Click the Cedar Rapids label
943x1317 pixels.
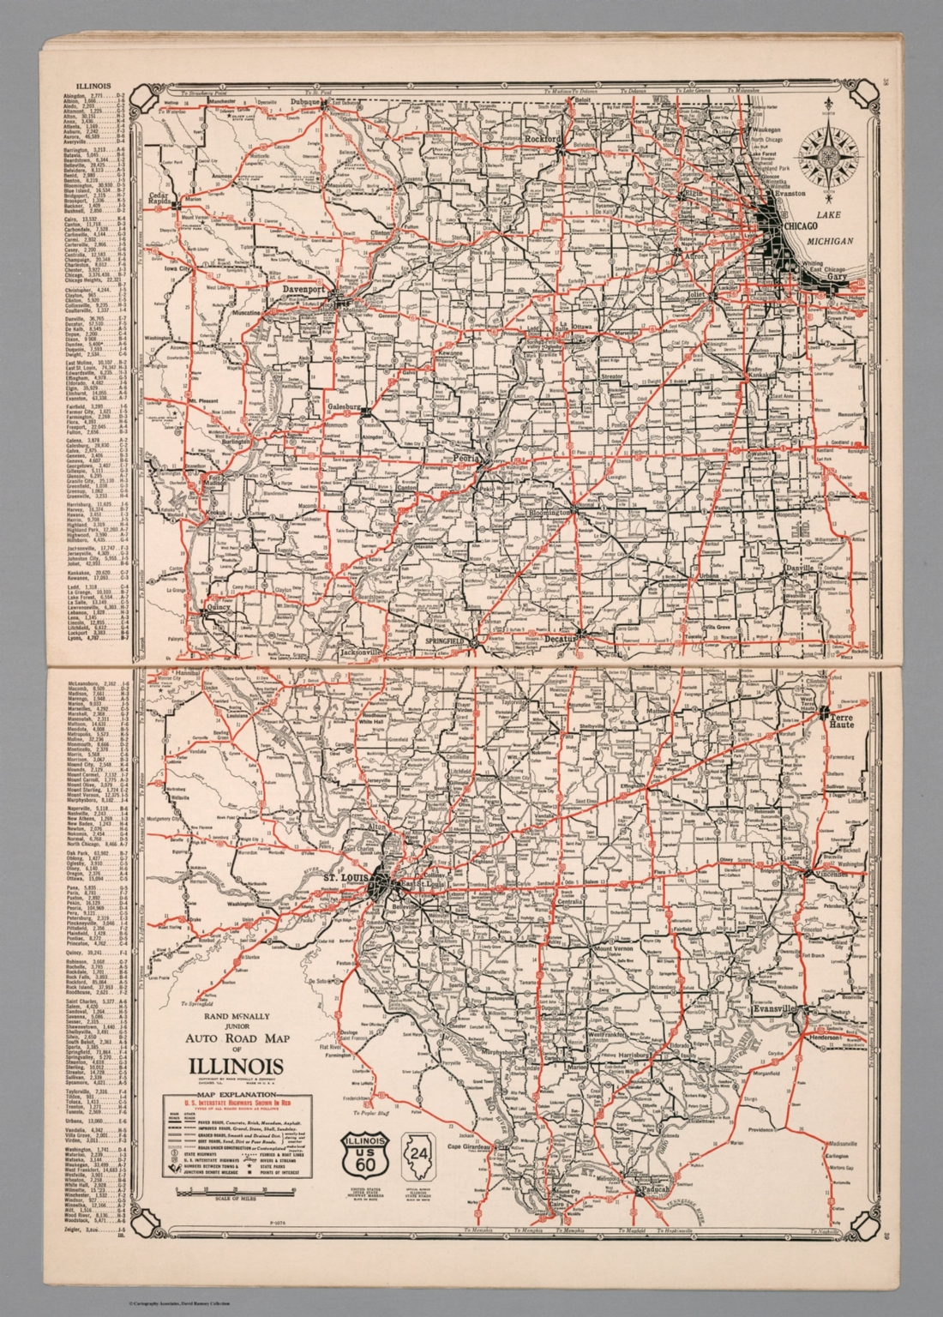159,199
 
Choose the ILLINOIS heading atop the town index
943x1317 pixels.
94,87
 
